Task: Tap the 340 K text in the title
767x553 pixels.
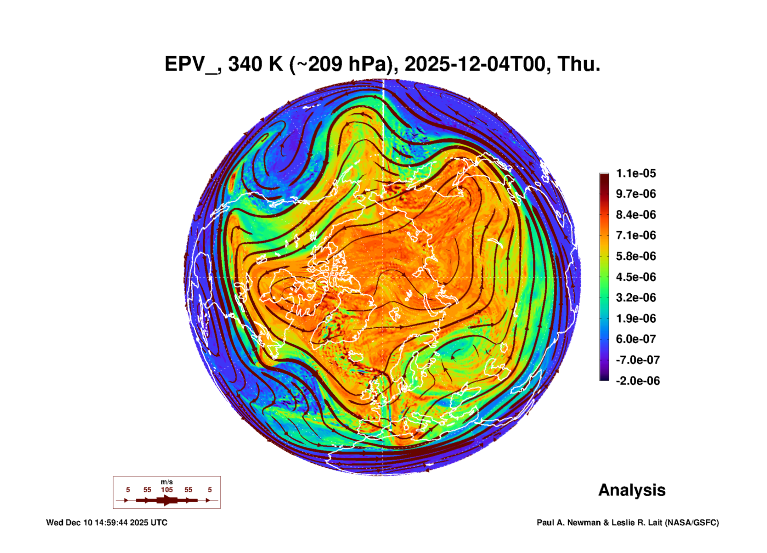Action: pos(255,64)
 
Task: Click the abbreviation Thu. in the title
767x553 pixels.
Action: pos(579,64)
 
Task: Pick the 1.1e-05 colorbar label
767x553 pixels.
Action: pos(636,173)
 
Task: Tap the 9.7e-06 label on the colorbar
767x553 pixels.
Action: pos(636,194)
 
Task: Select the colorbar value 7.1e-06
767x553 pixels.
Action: pos(636,235)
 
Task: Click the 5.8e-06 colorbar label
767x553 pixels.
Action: pos(636,256)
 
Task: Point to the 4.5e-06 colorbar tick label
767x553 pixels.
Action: pos(636,277)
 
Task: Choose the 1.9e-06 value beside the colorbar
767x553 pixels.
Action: pos(636,318)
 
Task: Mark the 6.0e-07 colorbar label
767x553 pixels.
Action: pos(636,339)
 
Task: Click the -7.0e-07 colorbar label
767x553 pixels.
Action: pos(638,360)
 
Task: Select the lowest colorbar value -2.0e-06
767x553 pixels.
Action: pos(638,381)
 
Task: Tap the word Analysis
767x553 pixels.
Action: pos(632,490)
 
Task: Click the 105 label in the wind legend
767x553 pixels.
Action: pos(167,490)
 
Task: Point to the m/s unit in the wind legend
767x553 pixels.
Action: pos(167,482)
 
